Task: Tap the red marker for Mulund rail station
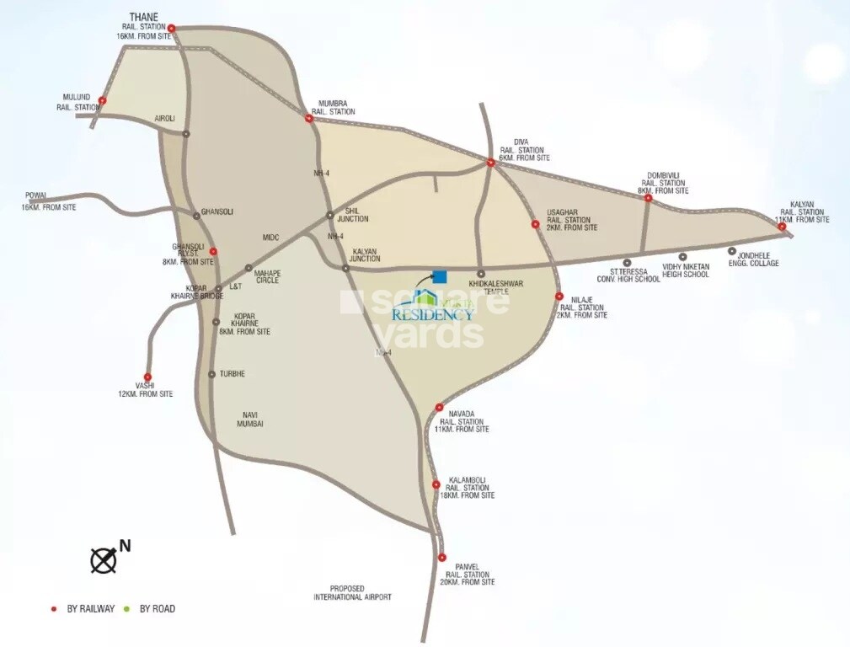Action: pos(102,100)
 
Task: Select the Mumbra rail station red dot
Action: pos(308,119)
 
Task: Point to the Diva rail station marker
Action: pos(491,163)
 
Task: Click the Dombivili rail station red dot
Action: pos(649,199)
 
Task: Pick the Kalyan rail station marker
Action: pos(782,227)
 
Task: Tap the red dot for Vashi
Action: pos(148,377)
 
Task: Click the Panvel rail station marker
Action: pos(441,558)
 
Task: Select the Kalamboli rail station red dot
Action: pos(436,484)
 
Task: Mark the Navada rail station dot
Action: pos(439,408)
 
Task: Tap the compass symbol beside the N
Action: pos(103,560)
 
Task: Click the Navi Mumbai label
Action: pos(250,419)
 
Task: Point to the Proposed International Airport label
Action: pos(352,592)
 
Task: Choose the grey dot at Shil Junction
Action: pos(330,215)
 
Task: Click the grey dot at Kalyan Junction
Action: pos(346,268)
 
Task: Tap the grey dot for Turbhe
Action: pos(211,374)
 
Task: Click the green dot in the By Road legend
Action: pos(127,608)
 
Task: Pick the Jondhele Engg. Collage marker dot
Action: pos(732,251)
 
